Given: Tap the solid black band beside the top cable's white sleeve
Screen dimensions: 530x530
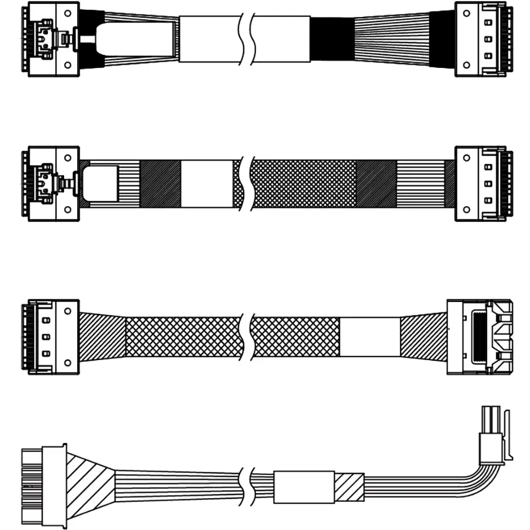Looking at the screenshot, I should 332,39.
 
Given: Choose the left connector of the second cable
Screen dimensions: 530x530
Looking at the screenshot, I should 50,184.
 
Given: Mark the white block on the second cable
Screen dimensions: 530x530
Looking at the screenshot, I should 207,184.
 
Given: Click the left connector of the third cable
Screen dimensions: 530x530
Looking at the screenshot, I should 53,337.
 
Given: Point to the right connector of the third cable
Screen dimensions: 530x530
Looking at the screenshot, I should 480,337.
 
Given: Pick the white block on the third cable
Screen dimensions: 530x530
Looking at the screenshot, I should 370,337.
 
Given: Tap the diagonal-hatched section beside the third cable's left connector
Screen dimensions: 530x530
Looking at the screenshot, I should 103,335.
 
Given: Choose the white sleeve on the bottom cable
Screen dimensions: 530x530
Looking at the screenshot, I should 304,486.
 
